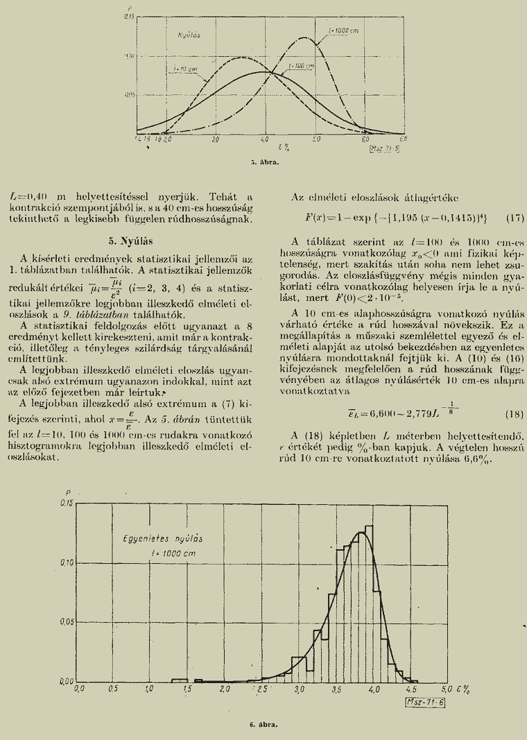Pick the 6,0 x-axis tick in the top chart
[365, 139]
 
